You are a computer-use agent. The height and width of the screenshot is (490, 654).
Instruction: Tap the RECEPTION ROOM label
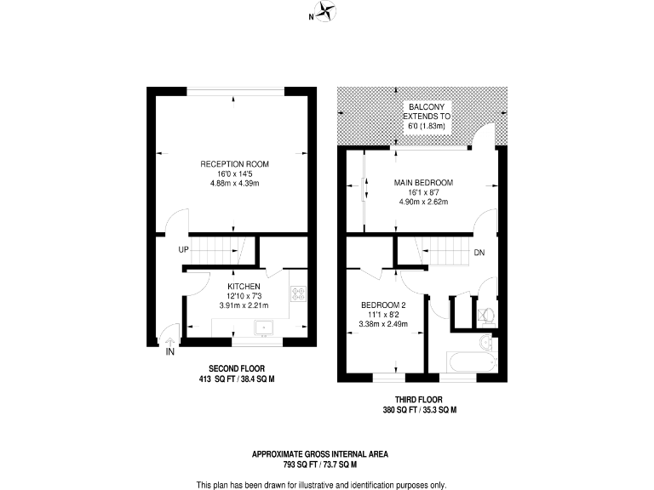click(234, 163)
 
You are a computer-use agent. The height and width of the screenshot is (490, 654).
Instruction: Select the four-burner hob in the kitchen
click(299, 293)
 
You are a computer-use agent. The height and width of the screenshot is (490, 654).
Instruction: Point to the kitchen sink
click(266, 328)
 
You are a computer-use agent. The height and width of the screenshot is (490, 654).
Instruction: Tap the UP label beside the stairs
click(183, 249)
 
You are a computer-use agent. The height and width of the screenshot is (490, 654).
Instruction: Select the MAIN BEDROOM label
click(423, 182)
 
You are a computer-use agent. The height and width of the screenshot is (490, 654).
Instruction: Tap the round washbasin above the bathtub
click(485, 343)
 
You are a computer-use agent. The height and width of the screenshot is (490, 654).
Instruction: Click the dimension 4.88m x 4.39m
click(234, 183)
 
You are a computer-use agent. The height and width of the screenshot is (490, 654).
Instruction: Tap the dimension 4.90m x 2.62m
click(423, 202)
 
